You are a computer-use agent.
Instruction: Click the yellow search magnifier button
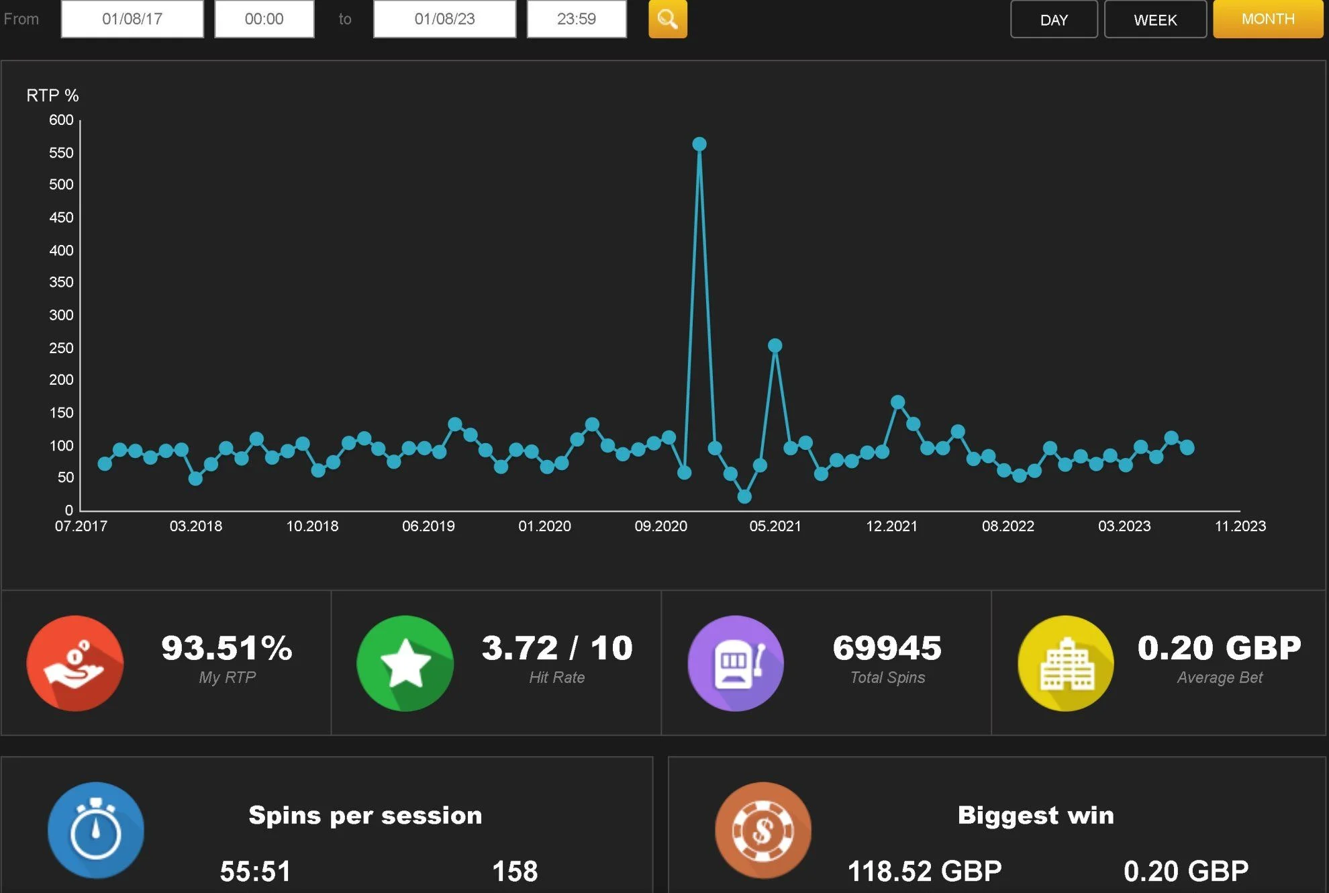pyautogui.click(x=667, y=19)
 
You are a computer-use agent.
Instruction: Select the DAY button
pyautogui.click(x=1054, y=19)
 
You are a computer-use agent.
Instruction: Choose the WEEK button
pyautogui.click(x=1155, y=19)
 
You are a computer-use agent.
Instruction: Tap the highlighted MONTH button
pyautogui.click(x=1268, y=19)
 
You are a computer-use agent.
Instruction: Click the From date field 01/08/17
pyautogui.click(x=132, y=19)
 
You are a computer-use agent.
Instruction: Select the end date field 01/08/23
pyautogui.click(x=444, y=19)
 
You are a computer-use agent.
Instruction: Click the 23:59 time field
pyautogui.click(x=577, y=19)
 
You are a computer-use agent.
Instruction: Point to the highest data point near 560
pyautogui.click(x=699, y=144)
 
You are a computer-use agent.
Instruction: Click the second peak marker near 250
pyautogui.click(x=775, y=346)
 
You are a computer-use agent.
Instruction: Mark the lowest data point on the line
pyautogui.click(x=744, y=497)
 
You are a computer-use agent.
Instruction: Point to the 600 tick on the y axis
pyautogui.click(x=61, y=120)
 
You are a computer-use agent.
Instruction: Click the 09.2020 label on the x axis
pyautogui.click(x=661, y=526)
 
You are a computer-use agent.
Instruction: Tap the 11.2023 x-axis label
pyautogui.click(x=1240, y=526)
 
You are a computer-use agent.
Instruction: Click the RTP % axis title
pyautogui.click(x=52, y=95)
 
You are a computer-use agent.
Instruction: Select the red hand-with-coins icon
pyautogui.click(x=75, y=663)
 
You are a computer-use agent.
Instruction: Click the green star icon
pyautogui.click(x=405, y=663)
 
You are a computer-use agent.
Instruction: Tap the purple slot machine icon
pyautogui.click(x=736, y=663)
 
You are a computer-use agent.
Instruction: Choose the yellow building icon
pyautogui.click(x=1066, y=663)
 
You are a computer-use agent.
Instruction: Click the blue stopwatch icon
pyautogui.click(x=96, y=831)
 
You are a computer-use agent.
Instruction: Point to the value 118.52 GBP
pyautogui.click(x=924, y=872)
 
